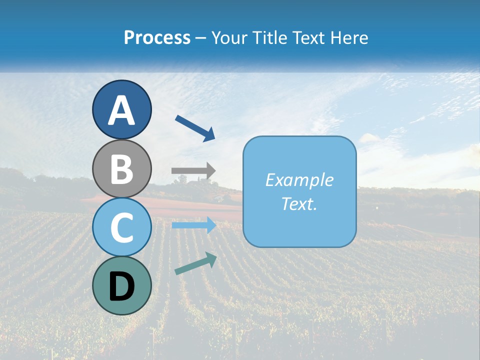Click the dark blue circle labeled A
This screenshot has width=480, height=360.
121,109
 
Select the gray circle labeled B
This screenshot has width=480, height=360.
121,168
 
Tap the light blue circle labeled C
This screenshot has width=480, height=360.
121,227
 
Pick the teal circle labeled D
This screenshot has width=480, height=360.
121,285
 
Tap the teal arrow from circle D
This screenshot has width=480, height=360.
195,264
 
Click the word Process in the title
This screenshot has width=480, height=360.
157,38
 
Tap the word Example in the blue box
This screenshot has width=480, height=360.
299,180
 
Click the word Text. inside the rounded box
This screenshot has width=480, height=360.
299,203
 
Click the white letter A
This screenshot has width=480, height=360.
121,110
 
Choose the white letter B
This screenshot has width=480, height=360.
121,169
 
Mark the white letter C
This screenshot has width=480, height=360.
121,227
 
